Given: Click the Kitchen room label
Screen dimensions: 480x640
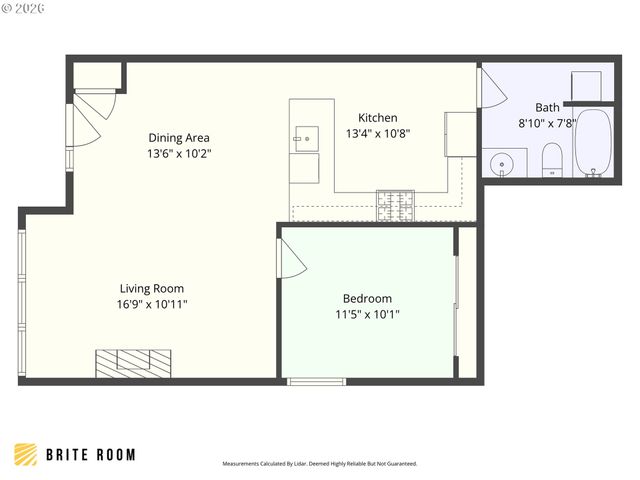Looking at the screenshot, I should (378, 118).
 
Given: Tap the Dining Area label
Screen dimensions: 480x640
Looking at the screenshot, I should (179, 138).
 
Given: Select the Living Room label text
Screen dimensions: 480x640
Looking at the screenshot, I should (152, 288).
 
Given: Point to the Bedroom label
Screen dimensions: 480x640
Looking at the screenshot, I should (367, 298).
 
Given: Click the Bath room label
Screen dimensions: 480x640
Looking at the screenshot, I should (547, 108).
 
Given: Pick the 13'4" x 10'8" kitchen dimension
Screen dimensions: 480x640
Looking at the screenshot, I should (378, 133).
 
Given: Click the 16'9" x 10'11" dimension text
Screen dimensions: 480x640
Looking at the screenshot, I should (152, 304).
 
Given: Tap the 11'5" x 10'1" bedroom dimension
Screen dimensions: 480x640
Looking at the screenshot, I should (367, 314).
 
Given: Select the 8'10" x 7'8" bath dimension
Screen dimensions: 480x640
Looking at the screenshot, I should (547, 123).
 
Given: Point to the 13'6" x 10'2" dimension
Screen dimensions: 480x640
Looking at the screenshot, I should (179, 154).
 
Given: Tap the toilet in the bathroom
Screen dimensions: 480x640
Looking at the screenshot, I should (551, 159).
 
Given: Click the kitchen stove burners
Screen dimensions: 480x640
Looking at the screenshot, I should (394, 205).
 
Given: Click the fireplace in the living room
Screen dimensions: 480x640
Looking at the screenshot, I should (133, 362).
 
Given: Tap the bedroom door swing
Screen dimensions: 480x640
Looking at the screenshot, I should (290, 260).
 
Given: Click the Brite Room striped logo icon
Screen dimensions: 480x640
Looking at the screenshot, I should (27, 454).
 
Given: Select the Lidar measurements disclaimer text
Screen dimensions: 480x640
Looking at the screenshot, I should (319, 464).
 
